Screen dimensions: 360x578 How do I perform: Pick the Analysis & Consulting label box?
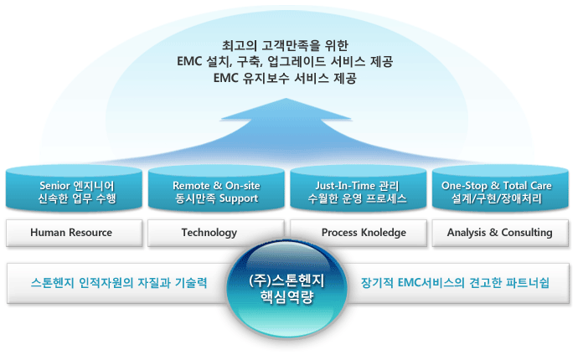[500, 233]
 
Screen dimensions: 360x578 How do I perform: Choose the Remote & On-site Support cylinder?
[214, 191]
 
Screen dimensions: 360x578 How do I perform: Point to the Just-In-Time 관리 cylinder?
[358, 191]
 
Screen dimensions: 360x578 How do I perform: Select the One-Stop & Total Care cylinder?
[500, 191]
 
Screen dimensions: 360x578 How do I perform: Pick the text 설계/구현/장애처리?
[500, 199]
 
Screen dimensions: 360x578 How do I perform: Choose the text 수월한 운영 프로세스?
[358, 199]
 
